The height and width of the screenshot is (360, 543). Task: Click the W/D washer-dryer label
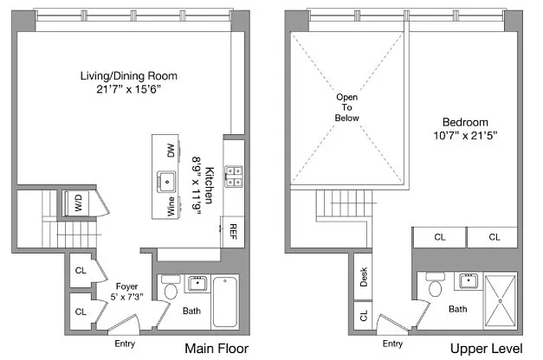pyautogui.click(x=79, y=202)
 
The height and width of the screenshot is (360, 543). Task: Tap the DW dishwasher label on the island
pyautogui.click(x=171, y=151)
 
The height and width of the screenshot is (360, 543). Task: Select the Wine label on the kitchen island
pyautogui.click(x=171, y=207)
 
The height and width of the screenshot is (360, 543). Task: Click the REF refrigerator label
pyautogui.click(x=233, y=232)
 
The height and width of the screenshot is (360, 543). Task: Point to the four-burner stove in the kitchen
pyautogui.click(x=234, y=177)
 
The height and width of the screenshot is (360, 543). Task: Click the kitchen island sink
pyautogui.click(x=166, y=182)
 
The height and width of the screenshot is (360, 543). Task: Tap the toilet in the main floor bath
pyautogui.click(x=171, y=287)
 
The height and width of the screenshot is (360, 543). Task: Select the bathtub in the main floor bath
pyautogui.click(x=225, y=302)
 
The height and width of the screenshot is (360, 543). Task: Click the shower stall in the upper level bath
pyautogui.click(x=500, y=301)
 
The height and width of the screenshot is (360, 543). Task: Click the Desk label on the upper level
pyautogui.click(x=363, y=277)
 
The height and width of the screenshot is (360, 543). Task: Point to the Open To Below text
pyautogui.click(x=346, y=107)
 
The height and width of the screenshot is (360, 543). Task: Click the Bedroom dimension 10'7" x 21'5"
pyautogui.click(x=465, y=135)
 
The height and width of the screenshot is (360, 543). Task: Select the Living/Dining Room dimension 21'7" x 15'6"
pyautogui.click(x=128, y=89)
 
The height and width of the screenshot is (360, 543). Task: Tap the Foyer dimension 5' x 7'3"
pyautogui.click(x=126, y=297)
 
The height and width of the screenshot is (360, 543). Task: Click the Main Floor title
pyautogui.click(x=217, y=348)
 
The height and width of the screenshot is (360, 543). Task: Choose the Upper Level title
pyautogui.click(x=486, y=349)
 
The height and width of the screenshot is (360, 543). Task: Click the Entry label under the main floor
pyautogui.click(x=125, y=344)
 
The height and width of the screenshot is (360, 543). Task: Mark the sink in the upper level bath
pyautogui.click(x=469, y=280)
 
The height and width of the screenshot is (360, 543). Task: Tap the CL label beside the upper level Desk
pyautogui.click(x=363, y=315)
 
